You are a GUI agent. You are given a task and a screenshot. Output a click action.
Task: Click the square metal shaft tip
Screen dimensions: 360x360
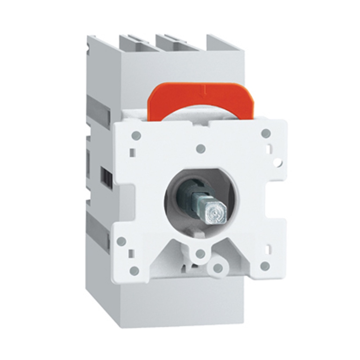click(213, 212)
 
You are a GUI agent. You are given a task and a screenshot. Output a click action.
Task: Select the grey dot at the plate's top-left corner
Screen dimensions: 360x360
click(136, 135)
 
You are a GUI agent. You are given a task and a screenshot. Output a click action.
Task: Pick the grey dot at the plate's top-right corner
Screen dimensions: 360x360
click(266, 133)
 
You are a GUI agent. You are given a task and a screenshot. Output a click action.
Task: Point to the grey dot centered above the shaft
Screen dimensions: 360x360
click(200, 149)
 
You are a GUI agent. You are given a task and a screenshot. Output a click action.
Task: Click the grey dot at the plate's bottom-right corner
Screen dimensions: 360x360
click(265, 265)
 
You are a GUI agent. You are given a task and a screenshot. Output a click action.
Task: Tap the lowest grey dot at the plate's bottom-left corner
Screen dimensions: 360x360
click(134, 270)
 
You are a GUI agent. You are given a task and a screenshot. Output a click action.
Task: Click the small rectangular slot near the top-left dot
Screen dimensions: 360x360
click(132, 152)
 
